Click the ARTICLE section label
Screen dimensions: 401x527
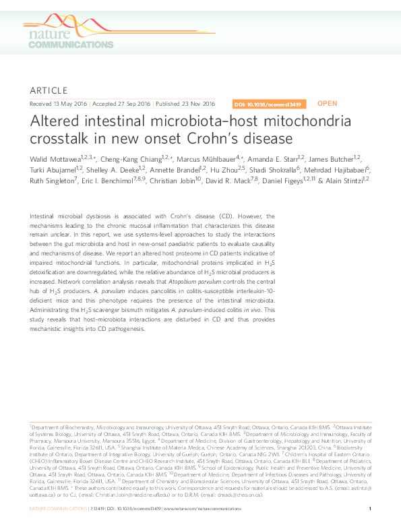pyautogui.click(x=49, y=90)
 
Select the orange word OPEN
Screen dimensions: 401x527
pyautogui.click(x=327, y=104)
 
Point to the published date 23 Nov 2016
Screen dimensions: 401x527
pyautogui.click(x=195, y=104)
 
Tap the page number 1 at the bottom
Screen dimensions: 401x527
pyautogui.click(x=371, y=507)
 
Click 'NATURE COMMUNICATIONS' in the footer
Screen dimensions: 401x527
pyautogui.click(x=59, y=507)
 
